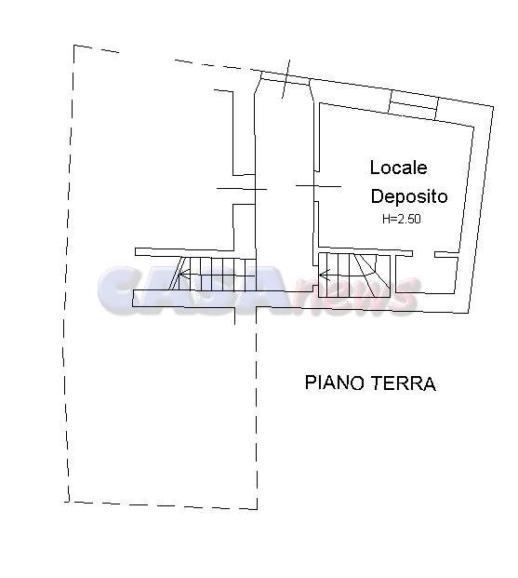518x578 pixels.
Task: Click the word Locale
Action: coord(398,168)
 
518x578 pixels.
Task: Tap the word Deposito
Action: coord(409,196)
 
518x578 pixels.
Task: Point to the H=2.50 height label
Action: coord(401,219)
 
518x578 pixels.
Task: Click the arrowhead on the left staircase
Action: coord(183,275)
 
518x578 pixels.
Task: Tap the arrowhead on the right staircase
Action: coord(324,275)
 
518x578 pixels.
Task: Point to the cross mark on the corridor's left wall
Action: coord(242,189)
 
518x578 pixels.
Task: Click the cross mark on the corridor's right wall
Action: coord(318,186)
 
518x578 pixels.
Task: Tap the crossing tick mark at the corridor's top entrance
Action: coord(286,79)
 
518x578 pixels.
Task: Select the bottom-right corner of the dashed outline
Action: coord(257,509)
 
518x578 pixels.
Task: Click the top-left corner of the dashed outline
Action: coord(74,46)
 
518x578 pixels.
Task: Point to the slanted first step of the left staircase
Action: coord(179,274)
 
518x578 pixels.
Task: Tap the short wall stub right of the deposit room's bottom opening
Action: coord(446,255)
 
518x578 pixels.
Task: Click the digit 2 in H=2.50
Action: coord(399,219)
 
